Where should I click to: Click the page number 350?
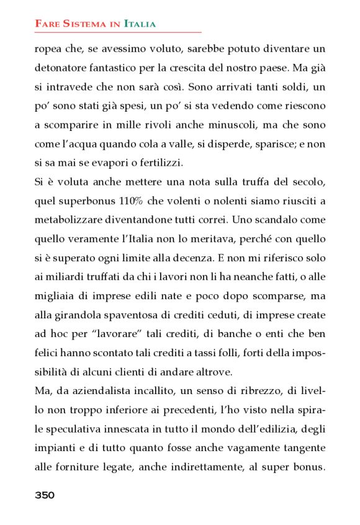click(x=45, y=495)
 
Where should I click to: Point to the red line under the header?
click(x=118, y=32)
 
